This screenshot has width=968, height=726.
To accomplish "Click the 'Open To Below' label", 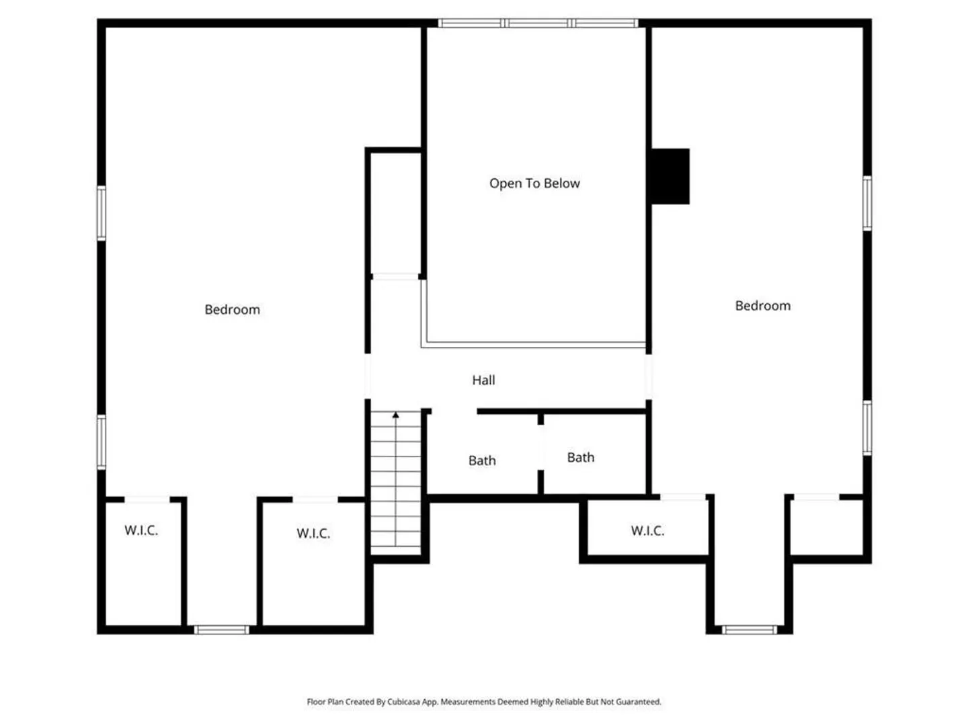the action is point(534,183).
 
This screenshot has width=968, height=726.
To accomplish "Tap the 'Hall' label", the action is point(483,380).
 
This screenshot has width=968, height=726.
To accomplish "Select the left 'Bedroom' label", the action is point(232,309).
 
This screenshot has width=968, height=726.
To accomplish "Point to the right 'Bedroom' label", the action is point(762,305).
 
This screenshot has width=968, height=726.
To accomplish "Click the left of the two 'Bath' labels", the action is point(481,460).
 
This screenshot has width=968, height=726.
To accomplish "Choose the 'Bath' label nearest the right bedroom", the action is point(580,457).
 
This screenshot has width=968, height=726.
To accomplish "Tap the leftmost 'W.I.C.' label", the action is point(141,530).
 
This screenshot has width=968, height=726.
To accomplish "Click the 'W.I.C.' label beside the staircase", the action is point(313,533).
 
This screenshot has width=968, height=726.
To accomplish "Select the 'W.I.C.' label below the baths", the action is point(647,530).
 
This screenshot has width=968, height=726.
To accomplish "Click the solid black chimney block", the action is point(670,176).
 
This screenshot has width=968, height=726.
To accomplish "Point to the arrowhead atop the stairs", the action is point(395,415).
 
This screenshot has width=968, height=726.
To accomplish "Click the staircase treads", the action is point(395,483).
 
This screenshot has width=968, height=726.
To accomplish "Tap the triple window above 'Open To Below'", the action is point(538,23).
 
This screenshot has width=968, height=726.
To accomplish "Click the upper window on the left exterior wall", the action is point(102,213).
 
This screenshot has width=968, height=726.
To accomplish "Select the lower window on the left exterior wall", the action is point(102,442).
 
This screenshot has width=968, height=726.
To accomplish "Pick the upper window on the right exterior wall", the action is point(866,203).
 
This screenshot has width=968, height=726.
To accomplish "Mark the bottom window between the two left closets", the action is point(221,629).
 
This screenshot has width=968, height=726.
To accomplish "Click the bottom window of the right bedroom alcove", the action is point(749,629).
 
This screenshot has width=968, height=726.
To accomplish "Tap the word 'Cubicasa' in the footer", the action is point(404,702).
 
